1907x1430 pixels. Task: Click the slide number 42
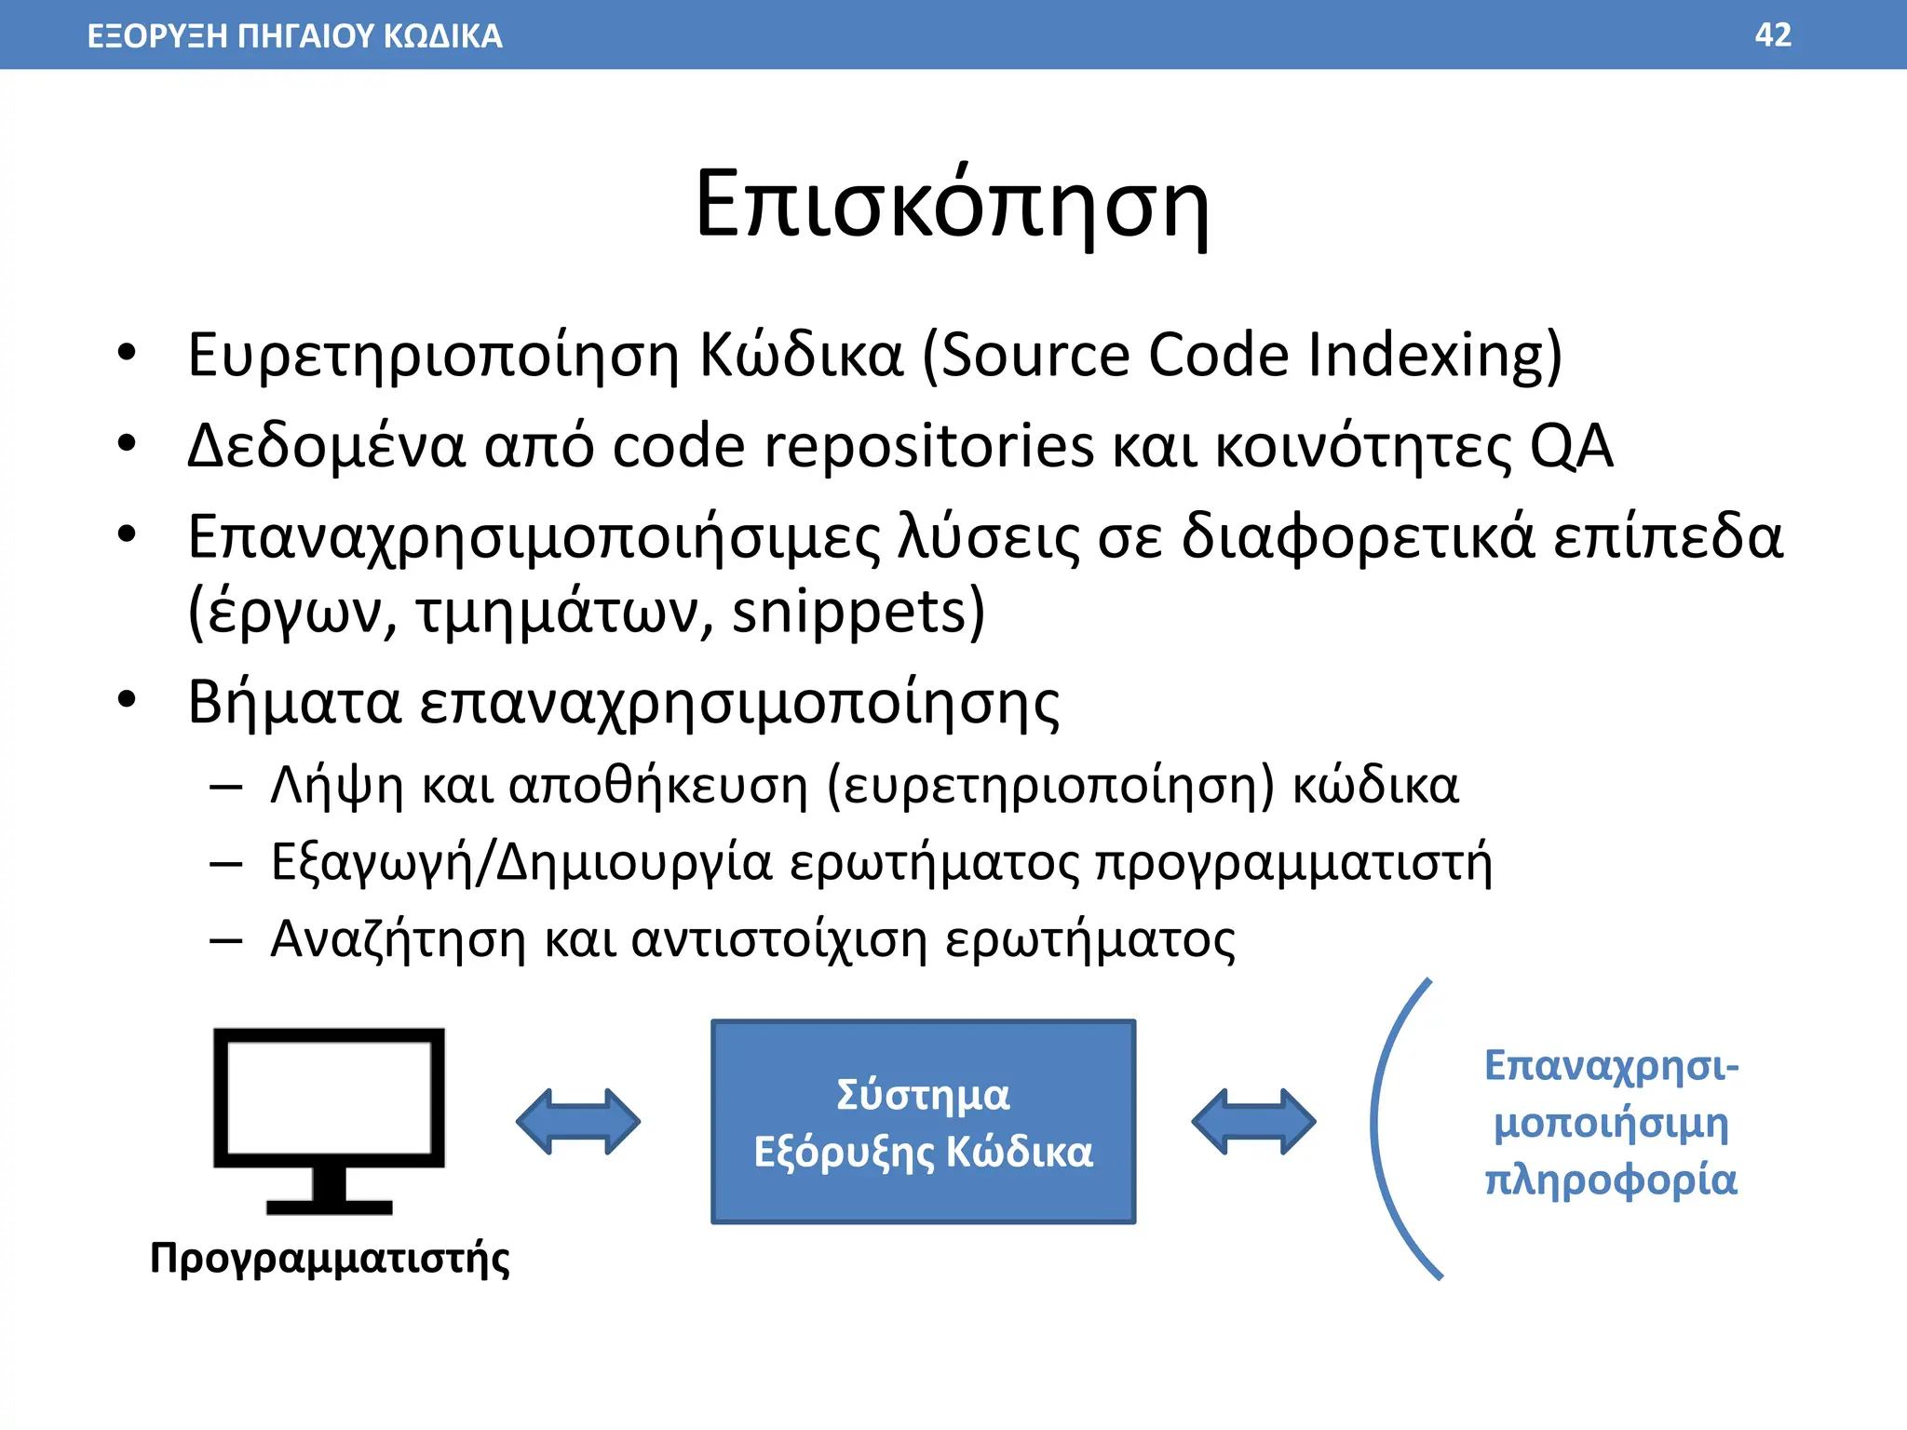pyautogui.click(x=1772, y=35)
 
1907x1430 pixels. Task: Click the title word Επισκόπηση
pyautogui.click(x=952, y=206)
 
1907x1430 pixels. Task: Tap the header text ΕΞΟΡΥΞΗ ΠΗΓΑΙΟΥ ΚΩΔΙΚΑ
pyautogui.click(x=294, y=36)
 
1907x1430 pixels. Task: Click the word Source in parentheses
pyautogui.click(x=1035, y=355)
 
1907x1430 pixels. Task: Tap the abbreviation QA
pyautogui.click(x=1571, y=446)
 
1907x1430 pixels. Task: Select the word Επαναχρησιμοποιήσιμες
pyautogui.click(x=534, y=539)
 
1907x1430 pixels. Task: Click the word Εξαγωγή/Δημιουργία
pyautogui.click(x=521, y=863)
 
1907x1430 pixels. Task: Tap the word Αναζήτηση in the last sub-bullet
pyautogui.click(x=398, y=938)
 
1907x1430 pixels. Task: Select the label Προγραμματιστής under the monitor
pyautogui.click(x=330, y=1259)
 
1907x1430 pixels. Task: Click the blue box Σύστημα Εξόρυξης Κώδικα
pyautogui.click(x=923, y=1122)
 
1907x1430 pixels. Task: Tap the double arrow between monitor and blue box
pyautogui.click(x=578, y=1121)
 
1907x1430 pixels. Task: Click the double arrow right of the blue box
pyautogui.click(x=1253, y=1121)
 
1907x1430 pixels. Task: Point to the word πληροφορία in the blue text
pyautogui.click(x=1610, y=1180)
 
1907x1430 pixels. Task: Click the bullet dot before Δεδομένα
pyautogui.click(x=127, y=444)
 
